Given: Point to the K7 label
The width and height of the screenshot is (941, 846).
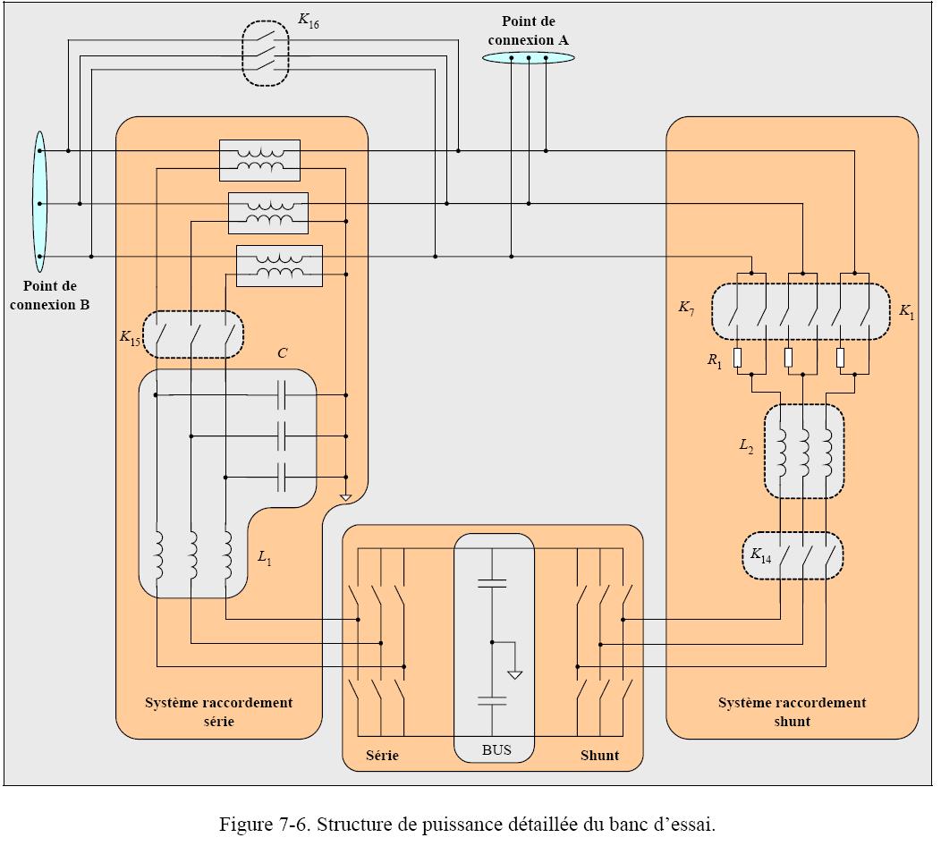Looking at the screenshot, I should [x=686, y=309].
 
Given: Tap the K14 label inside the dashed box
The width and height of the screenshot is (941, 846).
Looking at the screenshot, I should [x=760, y=556].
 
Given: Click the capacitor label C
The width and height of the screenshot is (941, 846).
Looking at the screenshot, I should [x=282, y=353].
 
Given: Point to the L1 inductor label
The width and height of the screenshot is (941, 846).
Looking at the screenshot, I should [x=264, y=558].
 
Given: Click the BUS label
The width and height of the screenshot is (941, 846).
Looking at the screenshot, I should [x=496, y=749].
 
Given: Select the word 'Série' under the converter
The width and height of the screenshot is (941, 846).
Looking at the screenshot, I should [x=382, y=755].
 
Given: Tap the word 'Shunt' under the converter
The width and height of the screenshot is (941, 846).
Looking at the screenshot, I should [x=599, y=755].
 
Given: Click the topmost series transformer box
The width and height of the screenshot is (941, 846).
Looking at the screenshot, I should [x=259, y=160].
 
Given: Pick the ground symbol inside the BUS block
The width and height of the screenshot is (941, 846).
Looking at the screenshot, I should [x=514, y=673].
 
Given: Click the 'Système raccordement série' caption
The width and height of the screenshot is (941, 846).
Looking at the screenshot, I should [x=218, y=711].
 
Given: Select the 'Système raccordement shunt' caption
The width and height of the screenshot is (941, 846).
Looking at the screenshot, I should [x=792, y=711].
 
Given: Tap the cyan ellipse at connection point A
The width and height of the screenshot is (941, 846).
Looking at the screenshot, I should [x=529, y=58].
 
